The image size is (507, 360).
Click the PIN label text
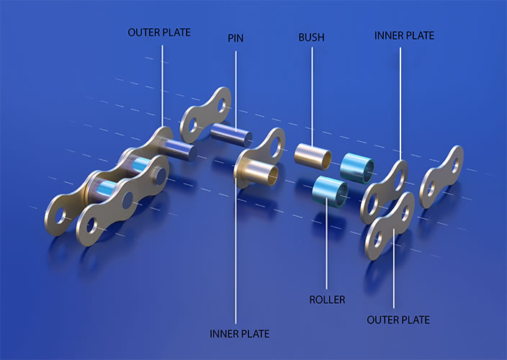pos(235,38)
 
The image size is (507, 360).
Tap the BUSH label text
pos(311,37)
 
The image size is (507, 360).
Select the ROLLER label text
pos(327,300)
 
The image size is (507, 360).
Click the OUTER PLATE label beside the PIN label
pos(158,32)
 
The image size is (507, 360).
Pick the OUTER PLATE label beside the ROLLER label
pos(398,320)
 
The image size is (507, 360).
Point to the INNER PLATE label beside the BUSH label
pos(404,35)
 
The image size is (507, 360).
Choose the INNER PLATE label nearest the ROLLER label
pos(239,333)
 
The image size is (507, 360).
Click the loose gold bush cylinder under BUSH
pos(313,156)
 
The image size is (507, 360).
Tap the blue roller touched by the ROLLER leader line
pos(330,192)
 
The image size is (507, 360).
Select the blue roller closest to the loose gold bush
pos(357,168)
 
